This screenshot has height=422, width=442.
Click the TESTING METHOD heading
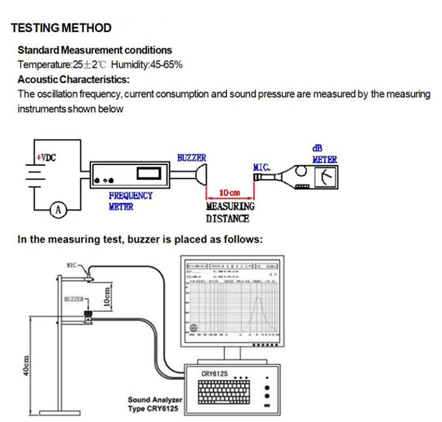click(x=61, y=28)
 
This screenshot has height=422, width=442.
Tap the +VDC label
click(x=46, y=157)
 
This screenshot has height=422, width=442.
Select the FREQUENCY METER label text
click(x=130, y=201)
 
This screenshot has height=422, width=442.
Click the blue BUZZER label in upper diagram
click(x=191, y=157)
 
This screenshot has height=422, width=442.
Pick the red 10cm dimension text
click(x=230, y=192)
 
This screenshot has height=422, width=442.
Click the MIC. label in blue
click(x=262, y=167)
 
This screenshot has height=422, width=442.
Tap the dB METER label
click(x=324, y=154)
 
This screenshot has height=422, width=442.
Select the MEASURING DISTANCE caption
click(x=230, y=212)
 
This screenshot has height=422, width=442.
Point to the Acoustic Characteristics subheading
click(x=73, y=79)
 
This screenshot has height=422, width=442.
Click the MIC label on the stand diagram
click(x=72, y=265)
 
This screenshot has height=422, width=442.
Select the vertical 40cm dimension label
click(x=26, y=366)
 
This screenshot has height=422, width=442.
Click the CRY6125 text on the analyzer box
click(x=214, y=374)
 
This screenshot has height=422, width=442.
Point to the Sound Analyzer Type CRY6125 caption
click(x=155, y=404)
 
